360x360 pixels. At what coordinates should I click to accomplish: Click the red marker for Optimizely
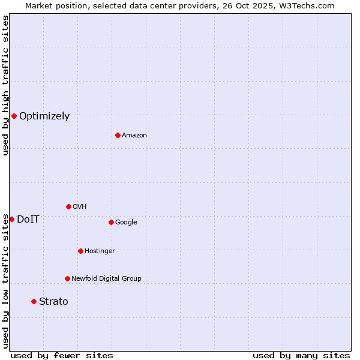(14, 116)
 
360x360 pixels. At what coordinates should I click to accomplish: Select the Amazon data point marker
(118, 135)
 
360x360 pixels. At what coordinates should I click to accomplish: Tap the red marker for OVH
(68, 206)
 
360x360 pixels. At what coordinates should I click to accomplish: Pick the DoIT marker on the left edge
(11, 219)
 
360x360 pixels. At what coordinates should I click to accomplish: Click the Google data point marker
(111, 222)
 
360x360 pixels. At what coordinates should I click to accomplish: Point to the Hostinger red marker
(80, 251)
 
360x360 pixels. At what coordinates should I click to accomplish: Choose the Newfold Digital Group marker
(67, 278)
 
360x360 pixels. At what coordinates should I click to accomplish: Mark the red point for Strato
(34, 301)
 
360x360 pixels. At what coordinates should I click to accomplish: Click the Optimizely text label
(44, 116)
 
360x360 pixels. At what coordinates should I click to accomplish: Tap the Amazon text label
(134, 136)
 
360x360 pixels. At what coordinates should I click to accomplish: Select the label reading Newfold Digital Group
(106, 278)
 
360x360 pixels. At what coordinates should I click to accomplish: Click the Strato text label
(53, 302)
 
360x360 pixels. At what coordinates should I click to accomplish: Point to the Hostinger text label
(100, 251)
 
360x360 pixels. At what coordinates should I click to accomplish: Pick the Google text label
(126, 222)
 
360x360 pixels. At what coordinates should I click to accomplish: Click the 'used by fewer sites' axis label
(62, 355)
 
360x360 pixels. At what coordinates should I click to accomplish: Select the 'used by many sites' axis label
(301, 355)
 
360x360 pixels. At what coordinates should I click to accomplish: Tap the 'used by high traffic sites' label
(5, 85)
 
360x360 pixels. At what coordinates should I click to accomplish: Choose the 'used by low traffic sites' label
(5, 281)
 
